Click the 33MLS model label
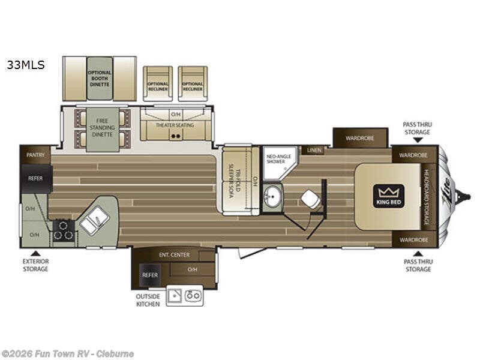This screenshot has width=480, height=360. (26, 65)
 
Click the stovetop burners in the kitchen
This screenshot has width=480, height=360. (64, 230)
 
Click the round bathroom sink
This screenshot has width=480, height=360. (272, 197)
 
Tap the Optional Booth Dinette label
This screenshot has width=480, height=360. (100, 79)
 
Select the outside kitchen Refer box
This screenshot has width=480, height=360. (150, 275)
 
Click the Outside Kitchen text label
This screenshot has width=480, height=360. (148, 299)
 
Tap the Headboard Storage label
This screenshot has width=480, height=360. (427, 197)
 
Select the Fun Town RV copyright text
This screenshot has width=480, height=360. (68, 353)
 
